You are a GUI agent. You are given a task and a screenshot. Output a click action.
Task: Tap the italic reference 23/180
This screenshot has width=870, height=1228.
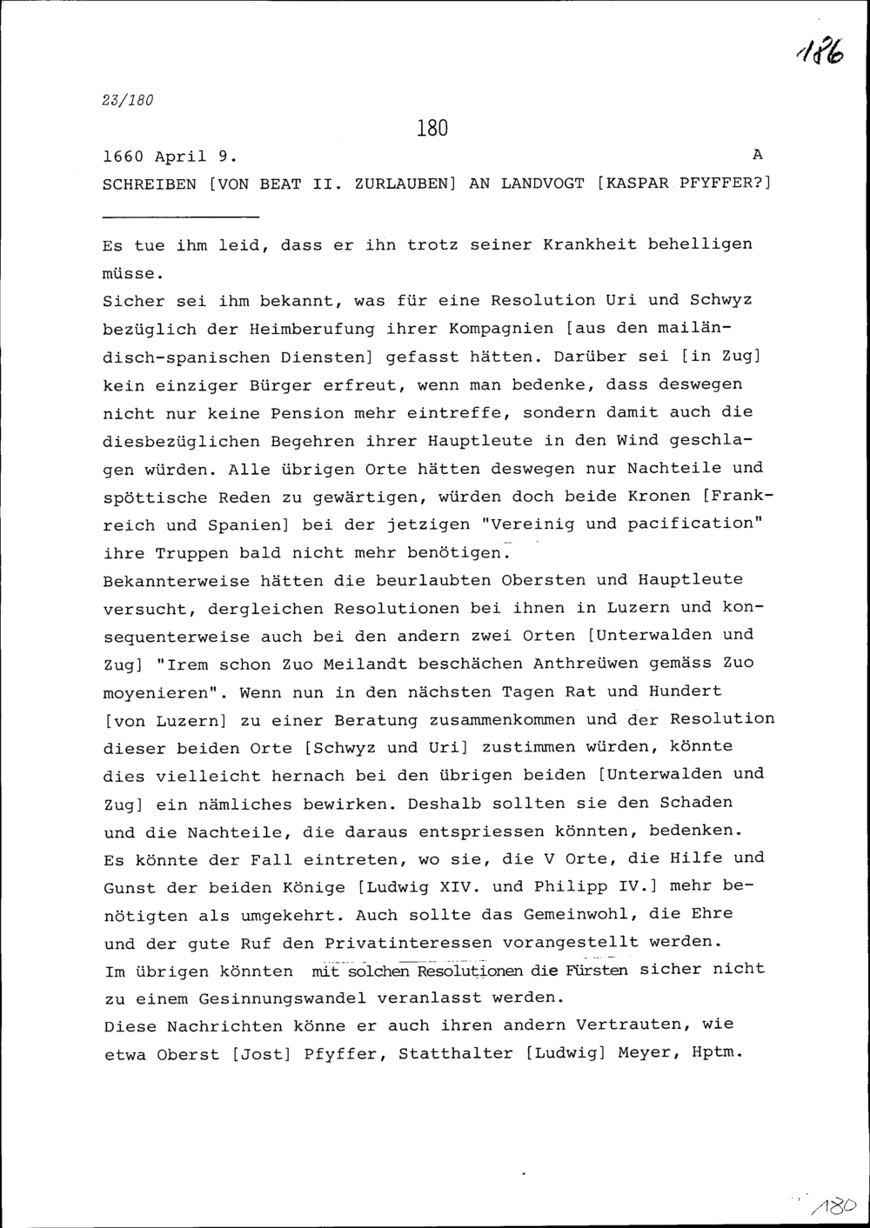(x=129, y=100)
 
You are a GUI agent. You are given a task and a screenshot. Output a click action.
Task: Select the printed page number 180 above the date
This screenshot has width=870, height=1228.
(x=432, y=129)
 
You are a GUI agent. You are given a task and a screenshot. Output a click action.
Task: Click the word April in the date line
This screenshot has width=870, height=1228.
(x=181, y=157)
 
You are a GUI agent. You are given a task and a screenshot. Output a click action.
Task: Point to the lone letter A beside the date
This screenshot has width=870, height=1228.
(x=757, y=155)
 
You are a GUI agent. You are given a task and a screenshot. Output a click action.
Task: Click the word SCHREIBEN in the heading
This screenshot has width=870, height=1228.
(x=150, y=185)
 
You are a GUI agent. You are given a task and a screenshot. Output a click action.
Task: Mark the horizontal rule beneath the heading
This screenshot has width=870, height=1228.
(x=181, y=216)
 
